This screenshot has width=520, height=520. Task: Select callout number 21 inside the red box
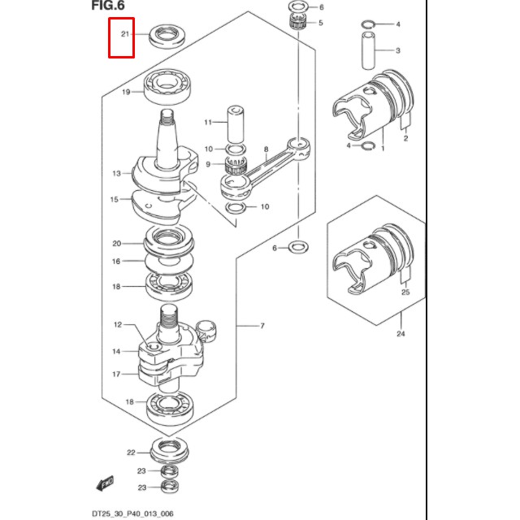124,34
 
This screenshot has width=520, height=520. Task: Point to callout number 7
262,326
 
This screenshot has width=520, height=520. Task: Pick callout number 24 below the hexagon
400,333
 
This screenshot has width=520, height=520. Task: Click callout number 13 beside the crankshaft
116,173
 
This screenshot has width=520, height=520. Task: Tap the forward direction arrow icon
105,484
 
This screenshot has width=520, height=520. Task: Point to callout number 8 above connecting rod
265,150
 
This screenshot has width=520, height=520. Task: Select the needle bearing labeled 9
237,166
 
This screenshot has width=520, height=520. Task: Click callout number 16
116,262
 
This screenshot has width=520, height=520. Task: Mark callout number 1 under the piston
383,149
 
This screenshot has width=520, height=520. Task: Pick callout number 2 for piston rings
405,139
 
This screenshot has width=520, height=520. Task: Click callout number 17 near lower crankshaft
116,375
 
